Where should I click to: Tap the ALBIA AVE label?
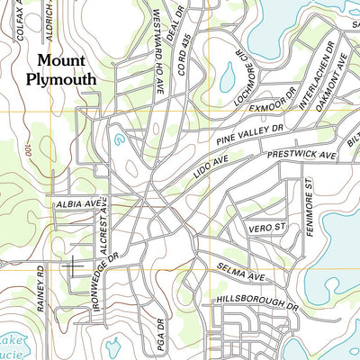(x=76, y=205)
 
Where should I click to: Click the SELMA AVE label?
(x=239, y=270)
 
